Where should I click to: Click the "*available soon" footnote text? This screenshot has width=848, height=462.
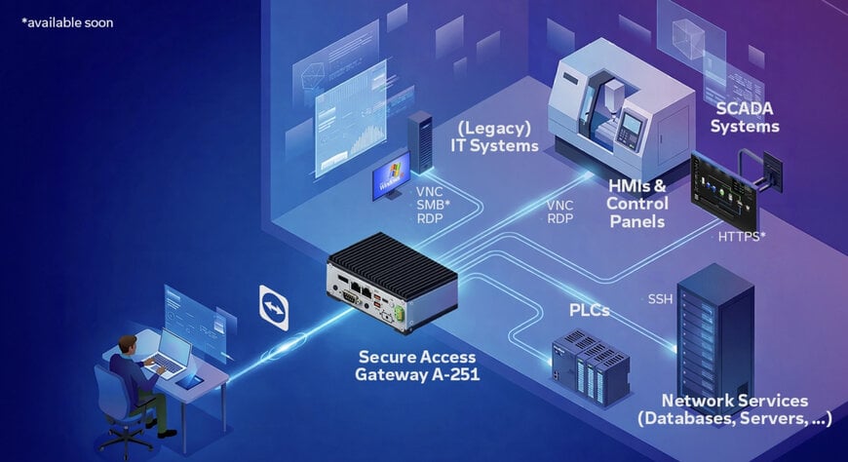(67, 21)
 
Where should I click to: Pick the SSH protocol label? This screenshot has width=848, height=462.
(660, 297)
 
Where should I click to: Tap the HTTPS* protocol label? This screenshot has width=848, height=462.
(741, 237)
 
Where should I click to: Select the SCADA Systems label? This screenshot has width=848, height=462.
(745, 117)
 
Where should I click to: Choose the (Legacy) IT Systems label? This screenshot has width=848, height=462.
(494, 137)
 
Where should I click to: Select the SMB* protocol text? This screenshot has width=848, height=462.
(434, 206)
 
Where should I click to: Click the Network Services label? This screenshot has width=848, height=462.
(735, 409)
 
